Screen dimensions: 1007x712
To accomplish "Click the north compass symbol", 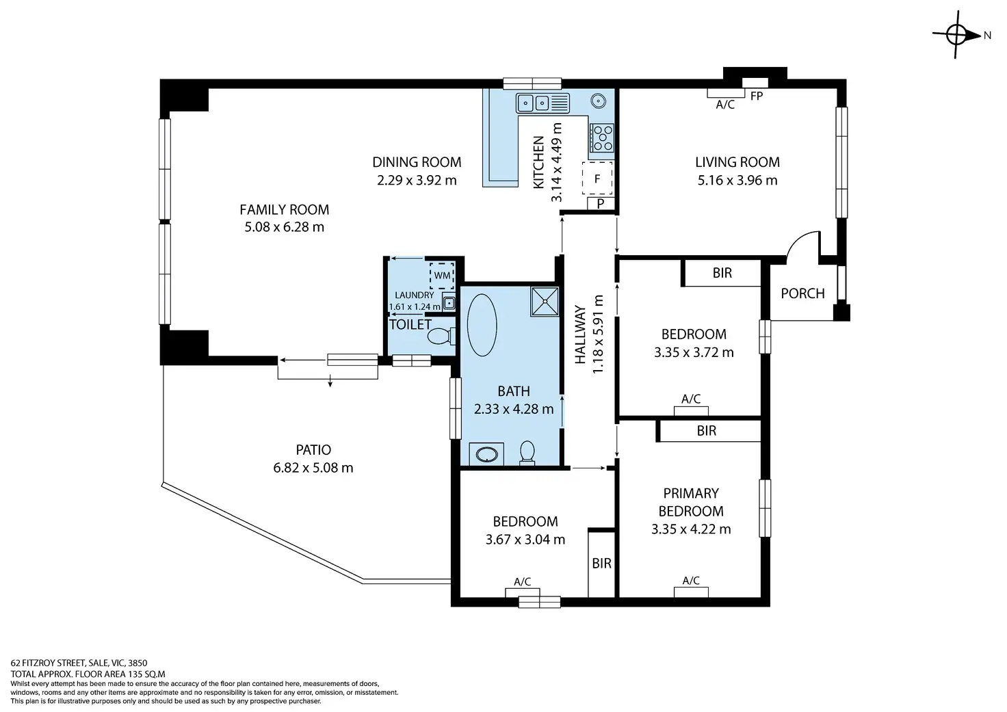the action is (956, 35).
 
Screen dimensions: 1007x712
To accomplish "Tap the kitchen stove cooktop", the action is (602, 138).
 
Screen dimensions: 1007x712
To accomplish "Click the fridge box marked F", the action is (597, 179).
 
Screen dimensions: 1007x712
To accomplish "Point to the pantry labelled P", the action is (601, 204).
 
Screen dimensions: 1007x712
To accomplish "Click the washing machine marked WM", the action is (442, 276).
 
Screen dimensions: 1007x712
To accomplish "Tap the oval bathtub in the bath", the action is (482, 325).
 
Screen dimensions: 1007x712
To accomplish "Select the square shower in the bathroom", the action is (545, 302).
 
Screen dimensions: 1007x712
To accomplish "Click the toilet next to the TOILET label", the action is (441, 337).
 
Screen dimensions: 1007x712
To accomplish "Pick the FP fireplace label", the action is (757, 96).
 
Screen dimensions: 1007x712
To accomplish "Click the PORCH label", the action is (802, 293).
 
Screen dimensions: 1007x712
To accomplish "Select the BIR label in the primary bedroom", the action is (706, 431).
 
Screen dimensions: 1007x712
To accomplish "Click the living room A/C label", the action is (725, 105).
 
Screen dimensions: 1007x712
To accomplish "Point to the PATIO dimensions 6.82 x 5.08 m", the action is (313, 468).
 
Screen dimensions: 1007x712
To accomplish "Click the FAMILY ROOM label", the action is (284, 209).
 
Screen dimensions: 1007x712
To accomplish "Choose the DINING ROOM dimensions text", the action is (417, 181).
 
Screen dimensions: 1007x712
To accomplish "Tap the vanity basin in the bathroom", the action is (486, 454).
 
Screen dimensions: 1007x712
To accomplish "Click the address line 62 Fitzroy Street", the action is (79, 663).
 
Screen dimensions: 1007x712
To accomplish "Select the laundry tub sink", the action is (449, 302).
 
